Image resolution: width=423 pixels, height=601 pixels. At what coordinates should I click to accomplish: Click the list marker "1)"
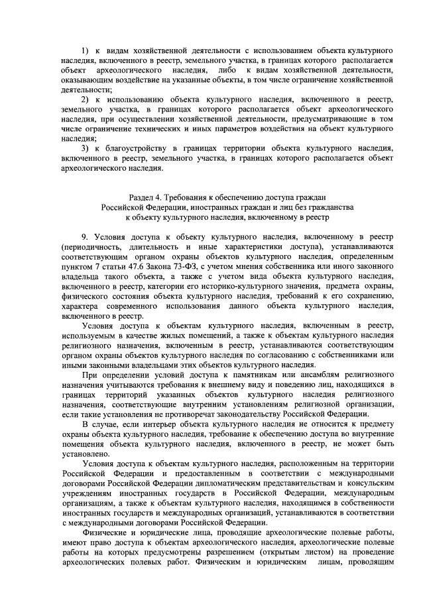pos(85,50)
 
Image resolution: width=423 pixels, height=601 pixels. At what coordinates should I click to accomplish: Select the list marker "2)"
pos(85,98)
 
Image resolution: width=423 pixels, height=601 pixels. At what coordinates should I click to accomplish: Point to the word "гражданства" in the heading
pos(332,207)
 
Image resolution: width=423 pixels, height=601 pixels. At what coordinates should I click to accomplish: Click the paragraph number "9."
pos(85,236)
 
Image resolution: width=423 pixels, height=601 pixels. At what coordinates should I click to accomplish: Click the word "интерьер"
pos(163,422)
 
